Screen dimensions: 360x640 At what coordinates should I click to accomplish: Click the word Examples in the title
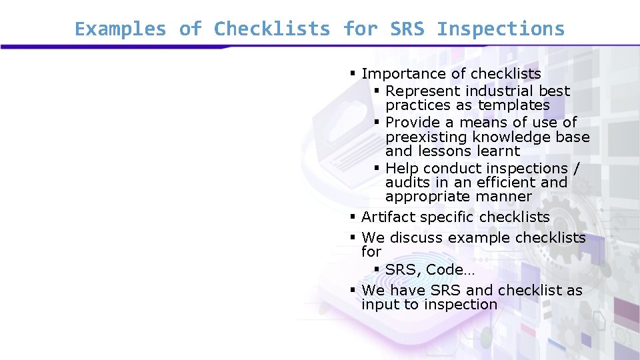[x=121, y=29]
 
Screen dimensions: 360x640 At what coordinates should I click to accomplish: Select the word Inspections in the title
[x=501, y=29]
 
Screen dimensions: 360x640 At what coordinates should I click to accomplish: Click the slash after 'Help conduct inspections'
[x=576, y=168]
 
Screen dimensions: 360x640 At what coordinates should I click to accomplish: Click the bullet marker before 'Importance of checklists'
[x=353, y=73]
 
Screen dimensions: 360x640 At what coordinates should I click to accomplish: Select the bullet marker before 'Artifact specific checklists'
[x=353, y=217]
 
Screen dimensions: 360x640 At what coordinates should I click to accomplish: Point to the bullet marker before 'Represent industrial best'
[x=377, y=91]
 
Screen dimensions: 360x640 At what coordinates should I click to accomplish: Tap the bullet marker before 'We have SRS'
[x=353, y=290]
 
